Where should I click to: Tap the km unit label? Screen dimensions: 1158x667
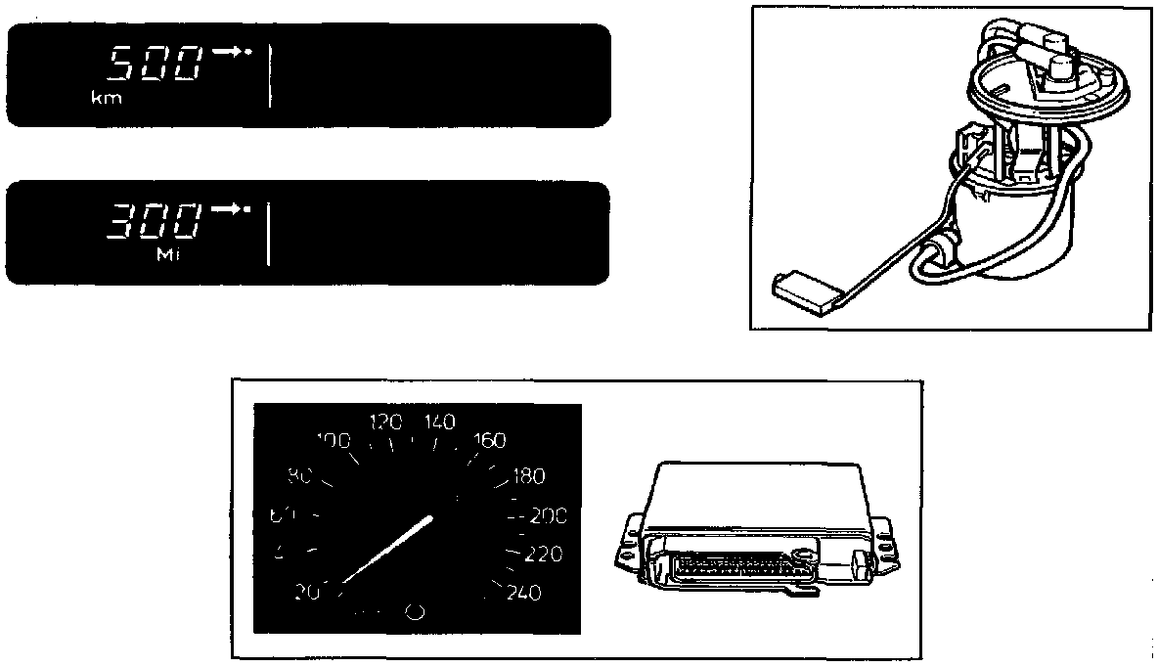coord(107,99)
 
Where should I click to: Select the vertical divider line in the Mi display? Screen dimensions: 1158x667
coord(270,233)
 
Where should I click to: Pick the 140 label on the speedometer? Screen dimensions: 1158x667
coord(440,422)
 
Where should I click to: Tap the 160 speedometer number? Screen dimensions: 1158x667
coord(489,441)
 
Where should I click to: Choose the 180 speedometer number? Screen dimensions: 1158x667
coord(528,477)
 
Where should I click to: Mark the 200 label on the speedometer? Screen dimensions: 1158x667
coord(547,516)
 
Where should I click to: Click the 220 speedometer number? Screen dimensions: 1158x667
coord(544,556)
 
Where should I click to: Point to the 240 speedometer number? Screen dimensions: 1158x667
coord(524,593)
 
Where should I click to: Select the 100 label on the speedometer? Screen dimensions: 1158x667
coord(334,441)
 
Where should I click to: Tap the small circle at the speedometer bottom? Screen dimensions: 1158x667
coord(414,612)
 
